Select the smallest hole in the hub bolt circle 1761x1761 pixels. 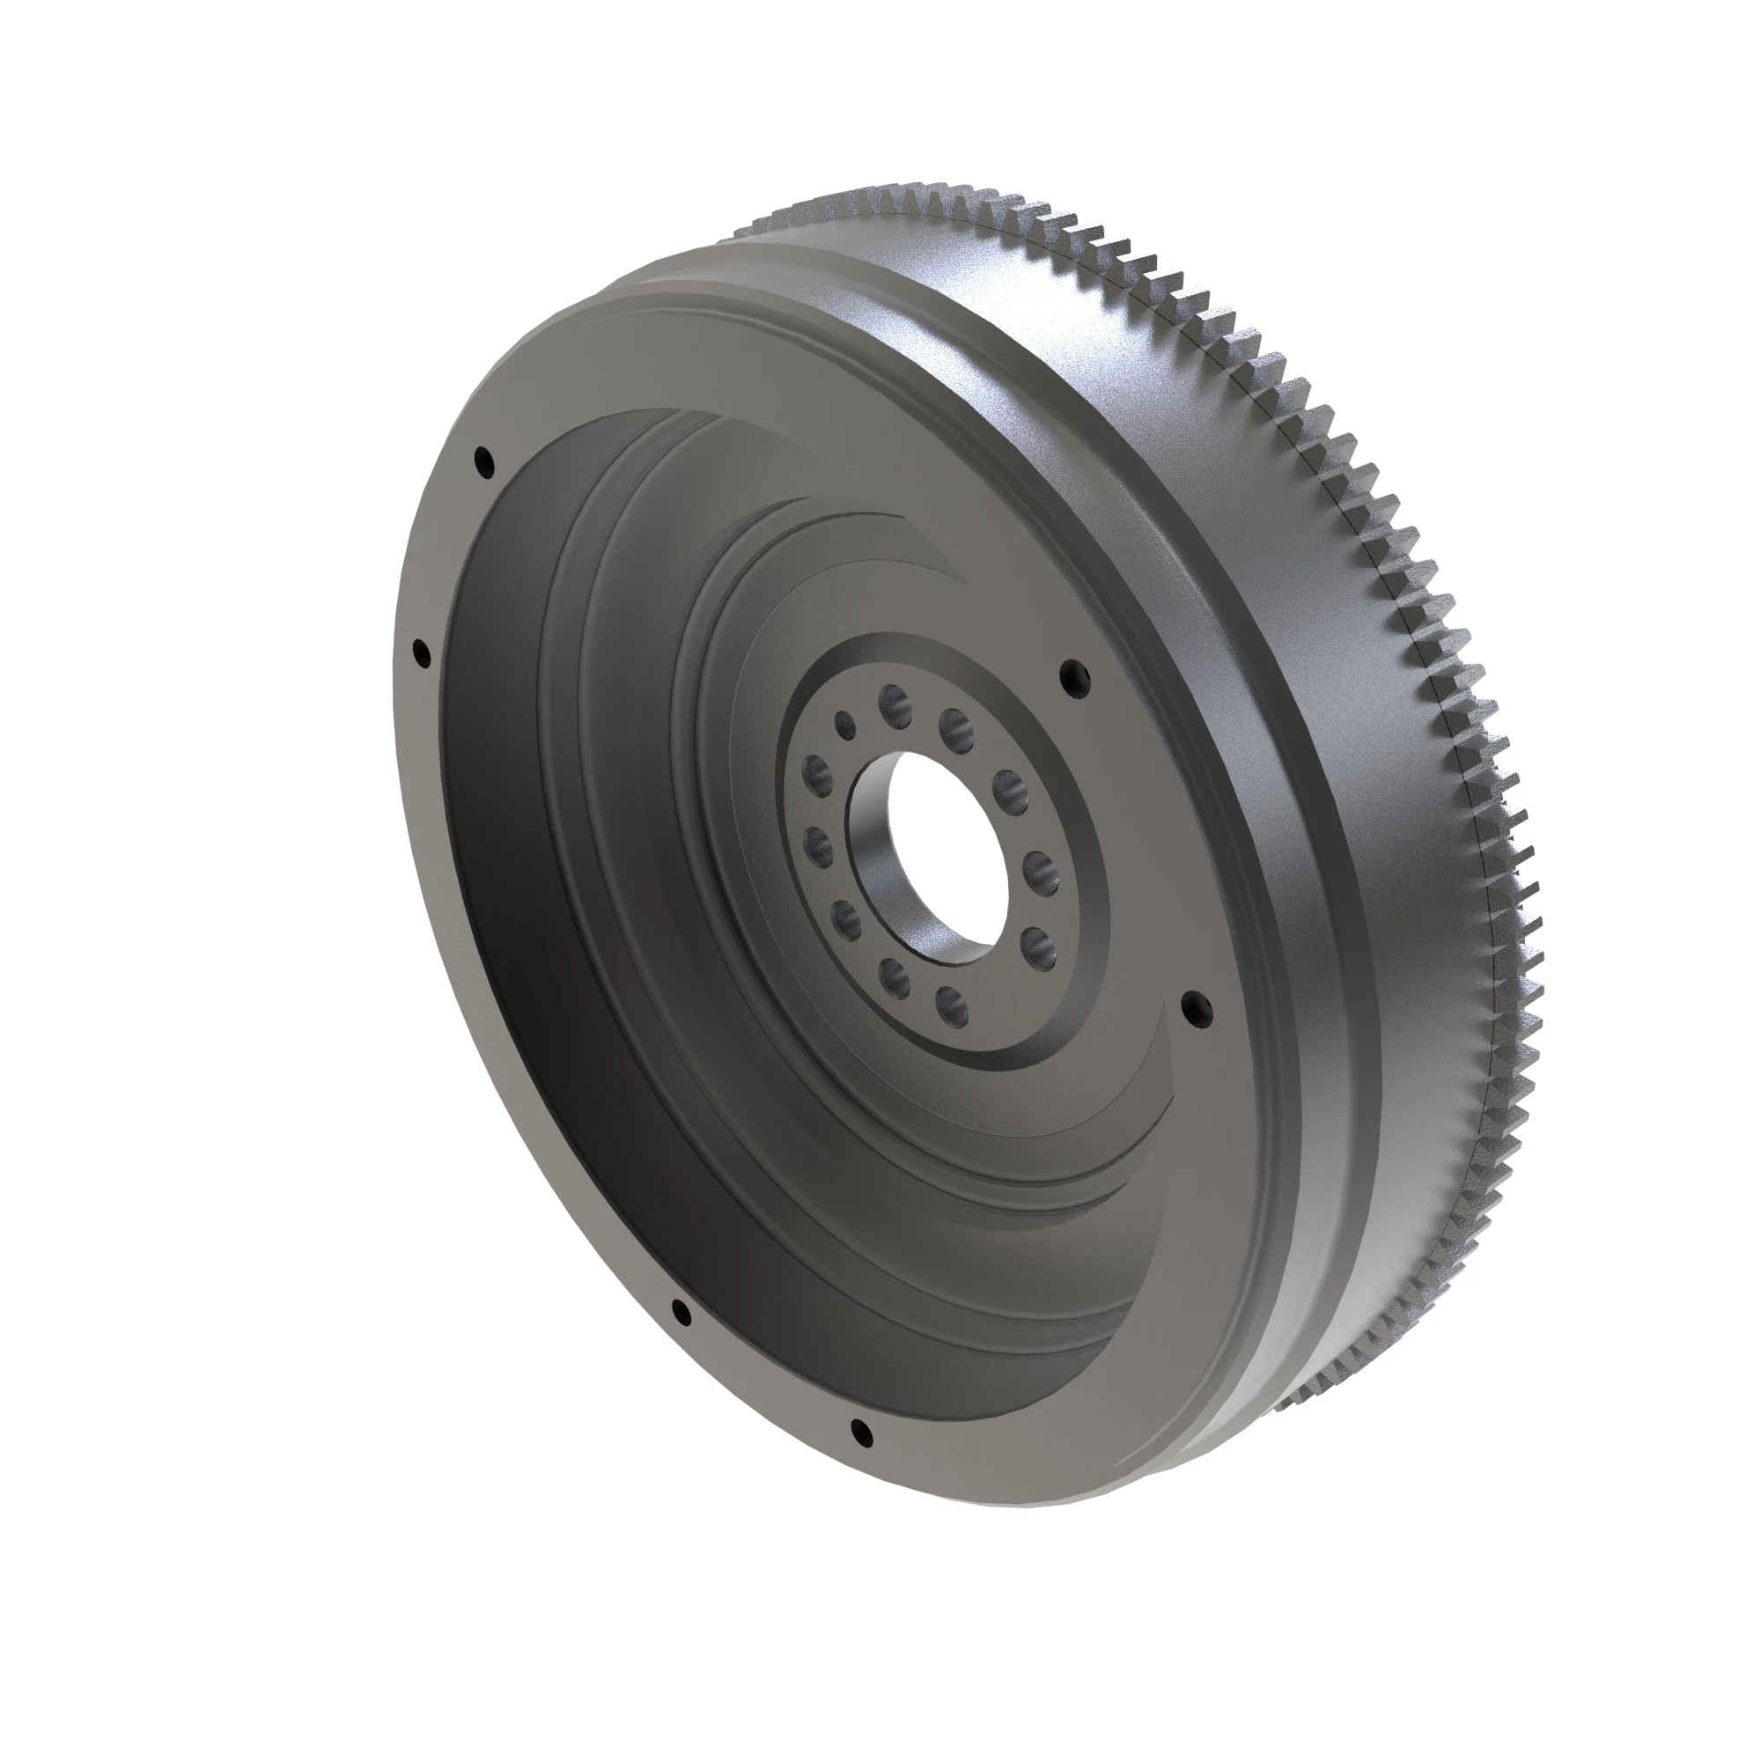[846, 726]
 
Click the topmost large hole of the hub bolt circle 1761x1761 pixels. [895, 703]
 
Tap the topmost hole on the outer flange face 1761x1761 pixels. [484, 462]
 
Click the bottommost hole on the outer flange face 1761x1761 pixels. [859, 1433]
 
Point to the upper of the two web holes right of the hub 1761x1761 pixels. [1074, 675]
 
